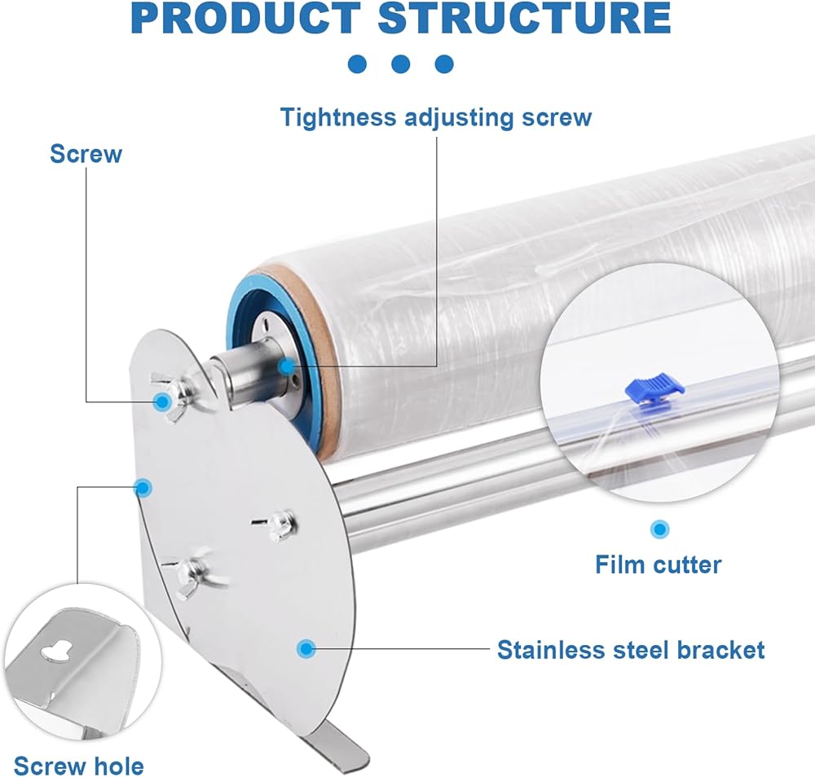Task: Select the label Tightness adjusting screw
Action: [436, 116]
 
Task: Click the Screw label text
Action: [86, 153]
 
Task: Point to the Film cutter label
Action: [658, 564]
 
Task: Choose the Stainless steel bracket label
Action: [631, 650]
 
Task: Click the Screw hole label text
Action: [78, 766]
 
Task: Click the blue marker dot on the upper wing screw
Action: [162, 401]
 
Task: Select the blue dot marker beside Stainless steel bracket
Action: [306, 649]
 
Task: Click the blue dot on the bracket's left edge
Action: [143, 487]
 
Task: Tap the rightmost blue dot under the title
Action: [443, 64]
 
